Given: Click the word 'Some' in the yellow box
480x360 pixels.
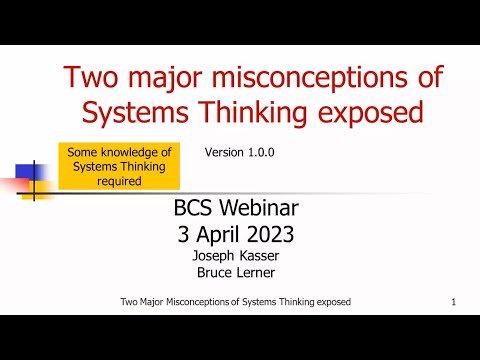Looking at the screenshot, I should pyautogui.click(x=85, y=152).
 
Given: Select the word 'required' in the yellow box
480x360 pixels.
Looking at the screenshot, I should pyautogui.click(x=118, y=182).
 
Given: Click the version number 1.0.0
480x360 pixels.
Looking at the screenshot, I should pyautogui.click(x=260, y=153).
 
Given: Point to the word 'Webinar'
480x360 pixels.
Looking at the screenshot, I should pyautogui.click(x=264, y=210).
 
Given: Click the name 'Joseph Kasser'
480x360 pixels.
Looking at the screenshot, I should pyautogui.click(x=237, y=256).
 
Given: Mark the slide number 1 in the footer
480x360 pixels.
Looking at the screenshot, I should pyautogui.click(x=454, y=302).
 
